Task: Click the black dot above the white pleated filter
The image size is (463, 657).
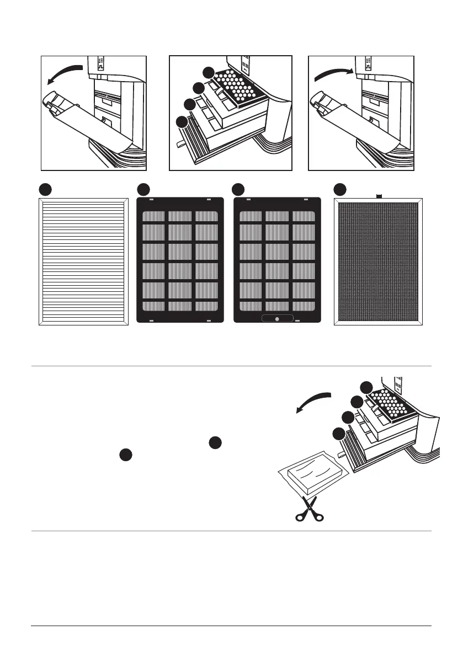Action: pyautogui.click(x=46, y=189)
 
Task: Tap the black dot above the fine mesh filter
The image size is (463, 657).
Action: pyautogui.click(x=340, y=189)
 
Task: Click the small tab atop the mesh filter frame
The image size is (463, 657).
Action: pyautogui.click(x=379, y=196)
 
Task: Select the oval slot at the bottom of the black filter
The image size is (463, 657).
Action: pyautogui.click(x=276, y=319)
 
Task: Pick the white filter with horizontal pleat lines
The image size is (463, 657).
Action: pyautogui.click(x=83, y=261)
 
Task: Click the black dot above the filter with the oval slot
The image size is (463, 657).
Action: pyautogui.click(x=238, y=189)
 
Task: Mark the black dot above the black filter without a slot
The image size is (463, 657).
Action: pyautogui.click(x=143, y=189)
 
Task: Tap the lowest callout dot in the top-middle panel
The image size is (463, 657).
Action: pyautogui.click(x=180, y=122)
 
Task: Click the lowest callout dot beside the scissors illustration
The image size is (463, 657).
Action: pyautogui.click(x=339, y=434)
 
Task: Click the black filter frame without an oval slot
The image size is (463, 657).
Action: pyautogui.click(x=180, y=260)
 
